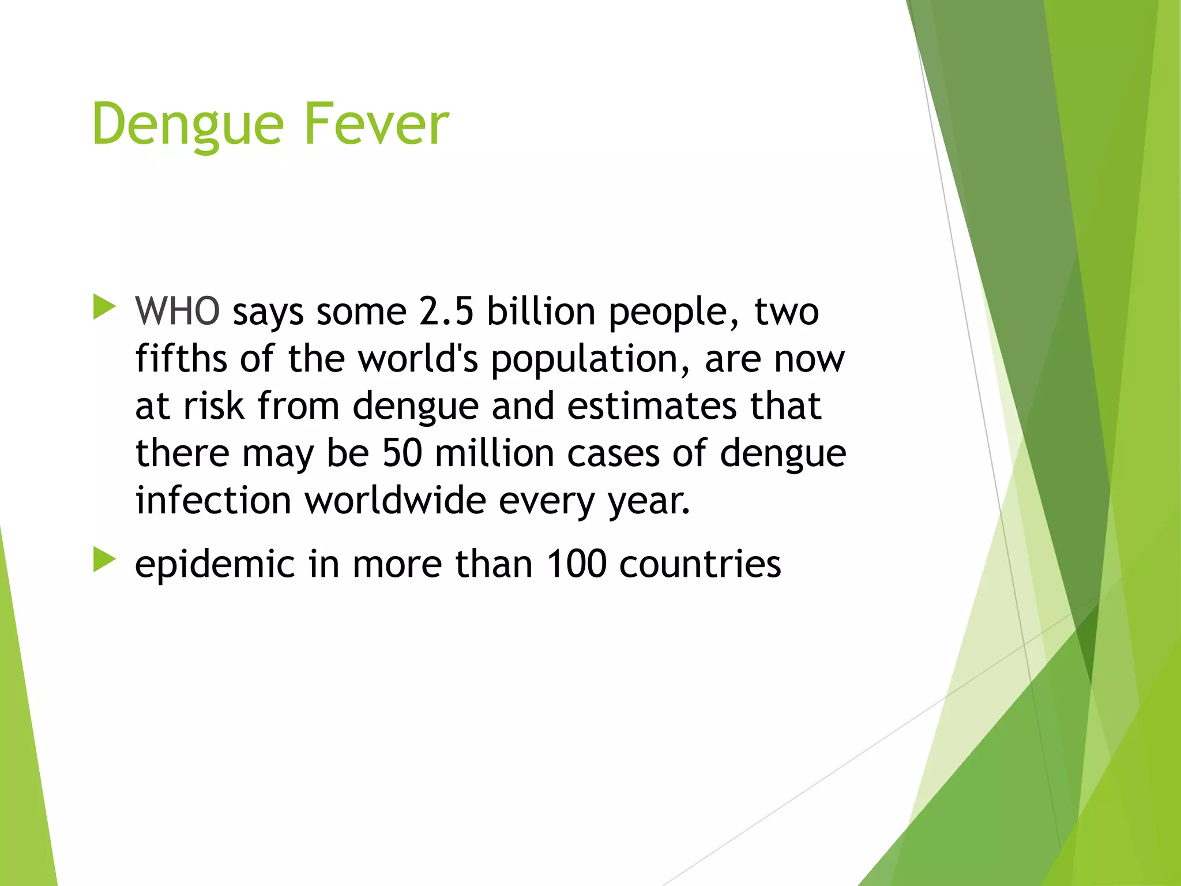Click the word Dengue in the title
187,125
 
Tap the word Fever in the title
375,123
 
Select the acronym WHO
177,311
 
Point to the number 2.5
446,311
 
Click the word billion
541,311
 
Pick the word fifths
181,359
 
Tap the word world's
418,359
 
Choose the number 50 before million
402,453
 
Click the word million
494,453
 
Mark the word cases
613,454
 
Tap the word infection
213,500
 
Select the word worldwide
395,500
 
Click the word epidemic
215,565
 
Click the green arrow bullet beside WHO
104,307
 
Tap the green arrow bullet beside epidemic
104,560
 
